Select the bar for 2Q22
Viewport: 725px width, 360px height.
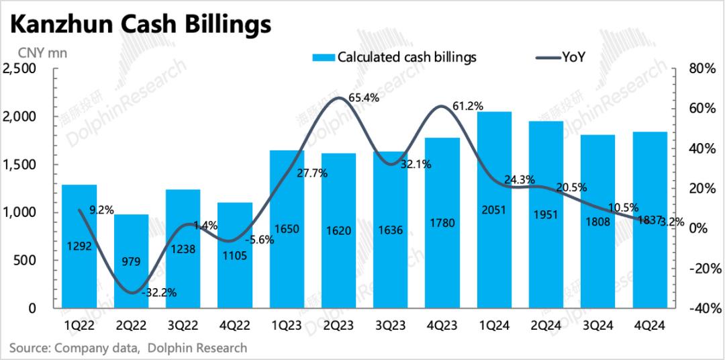point(132,261)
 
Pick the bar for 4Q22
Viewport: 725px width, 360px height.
point(235,255)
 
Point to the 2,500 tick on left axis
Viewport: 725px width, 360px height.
point(24,69)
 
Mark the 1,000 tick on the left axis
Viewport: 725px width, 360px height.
point(24,212)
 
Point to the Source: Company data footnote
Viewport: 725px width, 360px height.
point(128,348)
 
